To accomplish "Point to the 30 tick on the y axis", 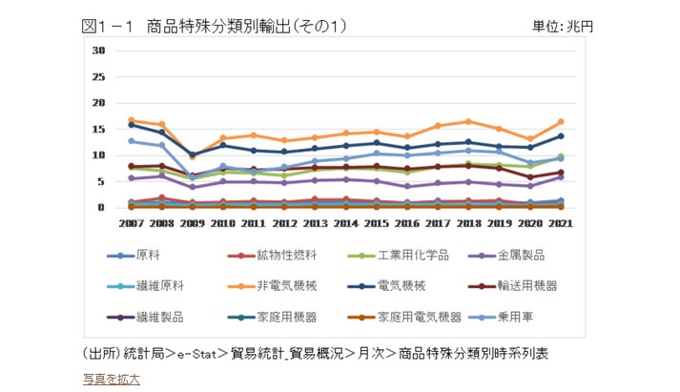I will [x=98, y=51].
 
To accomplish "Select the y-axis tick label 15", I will [x=98, y=129].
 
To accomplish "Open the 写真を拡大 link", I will [x=111, y=379].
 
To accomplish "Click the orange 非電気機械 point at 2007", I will [x=132, y=120].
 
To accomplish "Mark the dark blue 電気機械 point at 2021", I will [x=560, y=135].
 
